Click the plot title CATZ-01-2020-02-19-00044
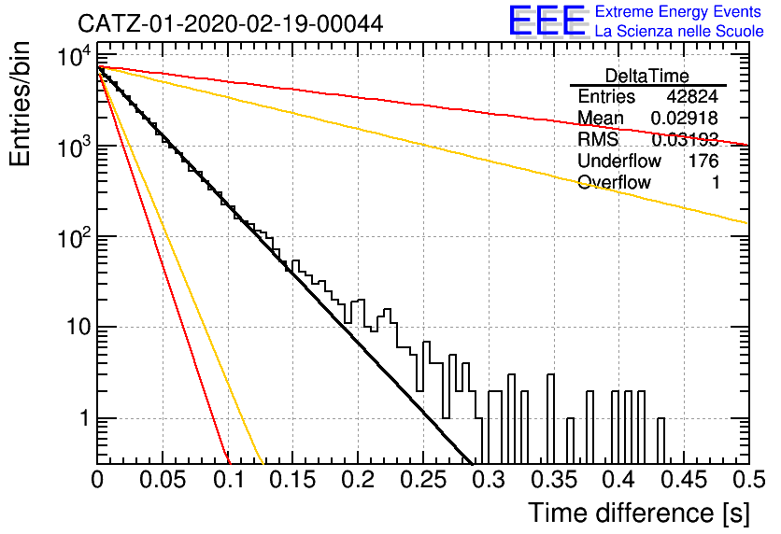[230, 23]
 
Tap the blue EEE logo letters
[547, 21]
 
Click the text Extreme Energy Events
[678, 11]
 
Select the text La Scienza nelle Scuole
[679, 32]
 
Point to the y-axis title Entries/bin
[21, 104]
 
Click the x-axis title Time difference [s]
[639, 513]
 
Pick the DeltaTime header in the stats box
[646, 76]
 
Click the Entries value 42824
[692, 96]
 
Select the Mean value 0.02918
[685, 118]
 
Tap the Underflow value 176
[703, 161]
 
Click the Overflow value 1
[716, 182]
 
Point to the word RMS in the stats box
[598, 139]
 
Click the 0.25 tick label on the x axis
[423, 480]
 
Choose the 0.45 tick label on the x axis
[685, 480]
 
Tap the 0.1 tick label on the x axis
[230, 480]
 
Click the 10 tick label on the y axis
[78, 328]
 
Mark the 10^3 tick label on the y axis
[75, 146]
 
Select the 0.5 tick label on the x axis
[748, 480]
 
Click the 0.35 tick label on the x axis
[554, 480]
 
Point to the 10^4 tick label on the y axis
[75, 55]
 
